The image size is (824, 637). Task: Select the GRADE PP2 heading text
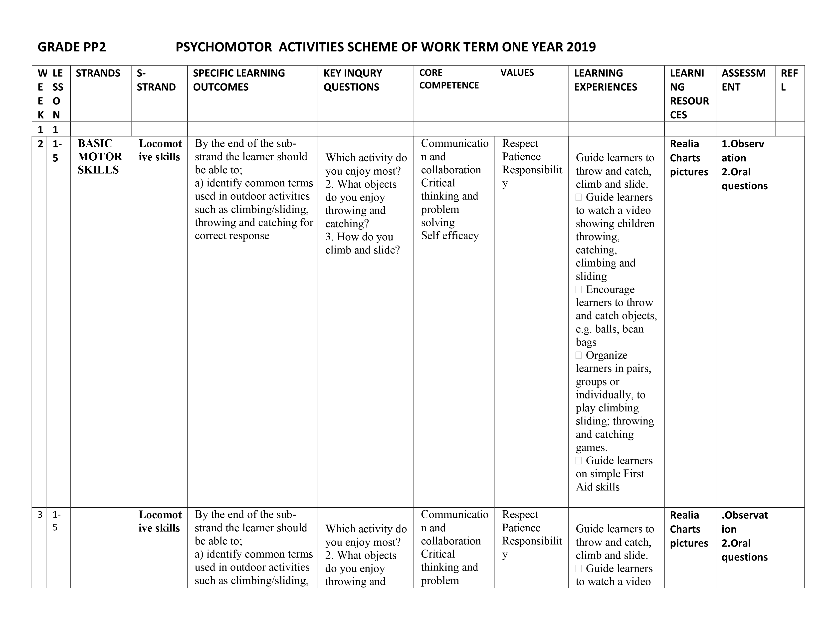[x=72, y=47]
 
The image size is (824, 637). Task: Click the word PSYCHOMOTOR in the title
[x=224, y=47]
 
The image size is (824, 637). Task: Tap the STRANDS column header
[x=98, y=73]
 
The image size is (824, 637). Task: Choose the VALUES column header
[x=517, y=73]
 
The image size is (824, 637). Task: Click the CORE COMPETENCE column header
[x=449, y=79]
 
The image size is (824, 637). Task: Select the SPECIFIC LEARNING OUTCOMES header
[x=239, y=80]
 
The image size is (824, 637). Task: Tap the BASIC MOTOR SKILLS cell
[x=100, y=157]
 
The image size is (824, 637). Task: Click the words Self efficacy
[x=450, y=236]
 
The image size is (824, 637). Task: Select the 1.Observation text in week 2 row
[x=743, y=151]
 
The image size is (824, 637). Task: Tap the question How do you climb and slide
[x=362, y=243]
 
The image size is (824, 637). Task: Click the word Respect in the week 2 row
[x=520, y=143]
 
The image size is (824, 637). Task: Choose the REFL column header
[x=789, y=80]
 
